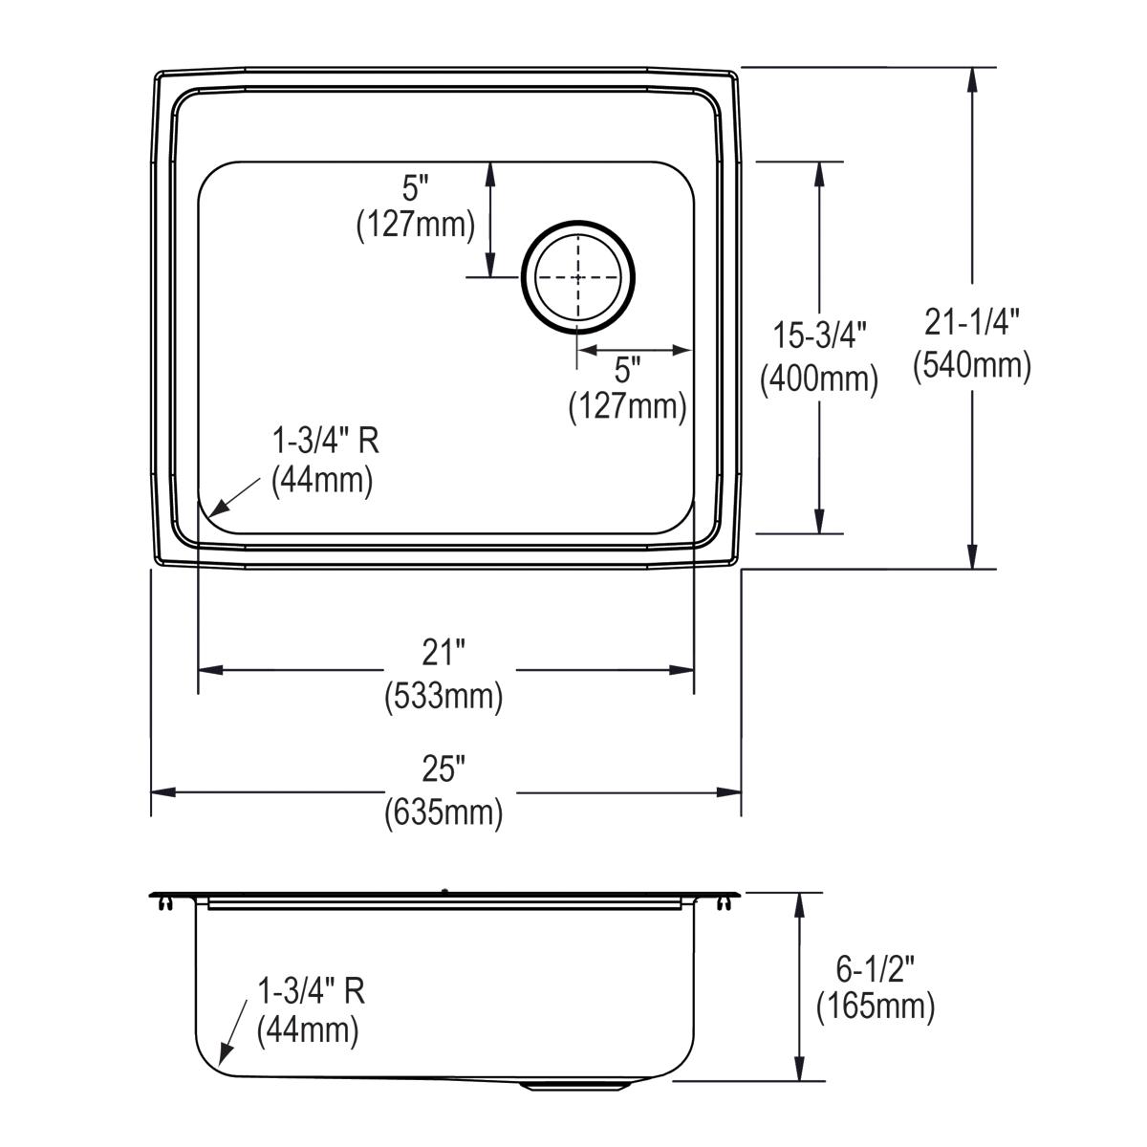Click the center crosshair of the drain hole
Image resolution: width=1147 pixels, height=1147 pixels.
point(576,276)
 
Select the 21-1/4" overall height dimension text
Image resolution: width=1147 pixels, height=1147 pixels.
point(972,322)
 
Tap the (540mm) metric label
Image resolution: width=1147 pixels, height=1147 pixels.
point(972,365)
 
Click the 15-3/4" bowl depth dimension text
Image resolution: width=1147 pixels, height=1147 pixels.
point(819,335)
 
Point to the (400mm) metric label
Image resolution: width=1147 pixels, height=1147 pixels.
point(819,379)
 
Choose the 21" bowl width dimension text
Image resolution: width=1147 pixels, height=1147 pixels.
point(444,653)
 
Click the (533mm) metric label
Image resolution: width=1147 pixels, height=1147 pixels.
point(444,697)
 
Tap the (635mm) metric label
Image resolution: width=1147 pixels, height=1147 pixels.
point(444,812)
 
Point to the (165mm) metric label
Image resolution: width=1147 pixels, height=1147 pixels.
point(876,1006)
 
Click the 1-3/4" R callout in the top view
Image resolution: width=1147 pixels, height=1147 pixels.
point(326,441)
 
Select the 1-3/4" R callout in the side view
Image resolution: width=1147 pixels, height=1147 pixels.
point(312,991)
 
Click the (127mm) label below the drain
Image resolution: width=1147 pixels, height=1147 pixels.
point(628,407)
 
